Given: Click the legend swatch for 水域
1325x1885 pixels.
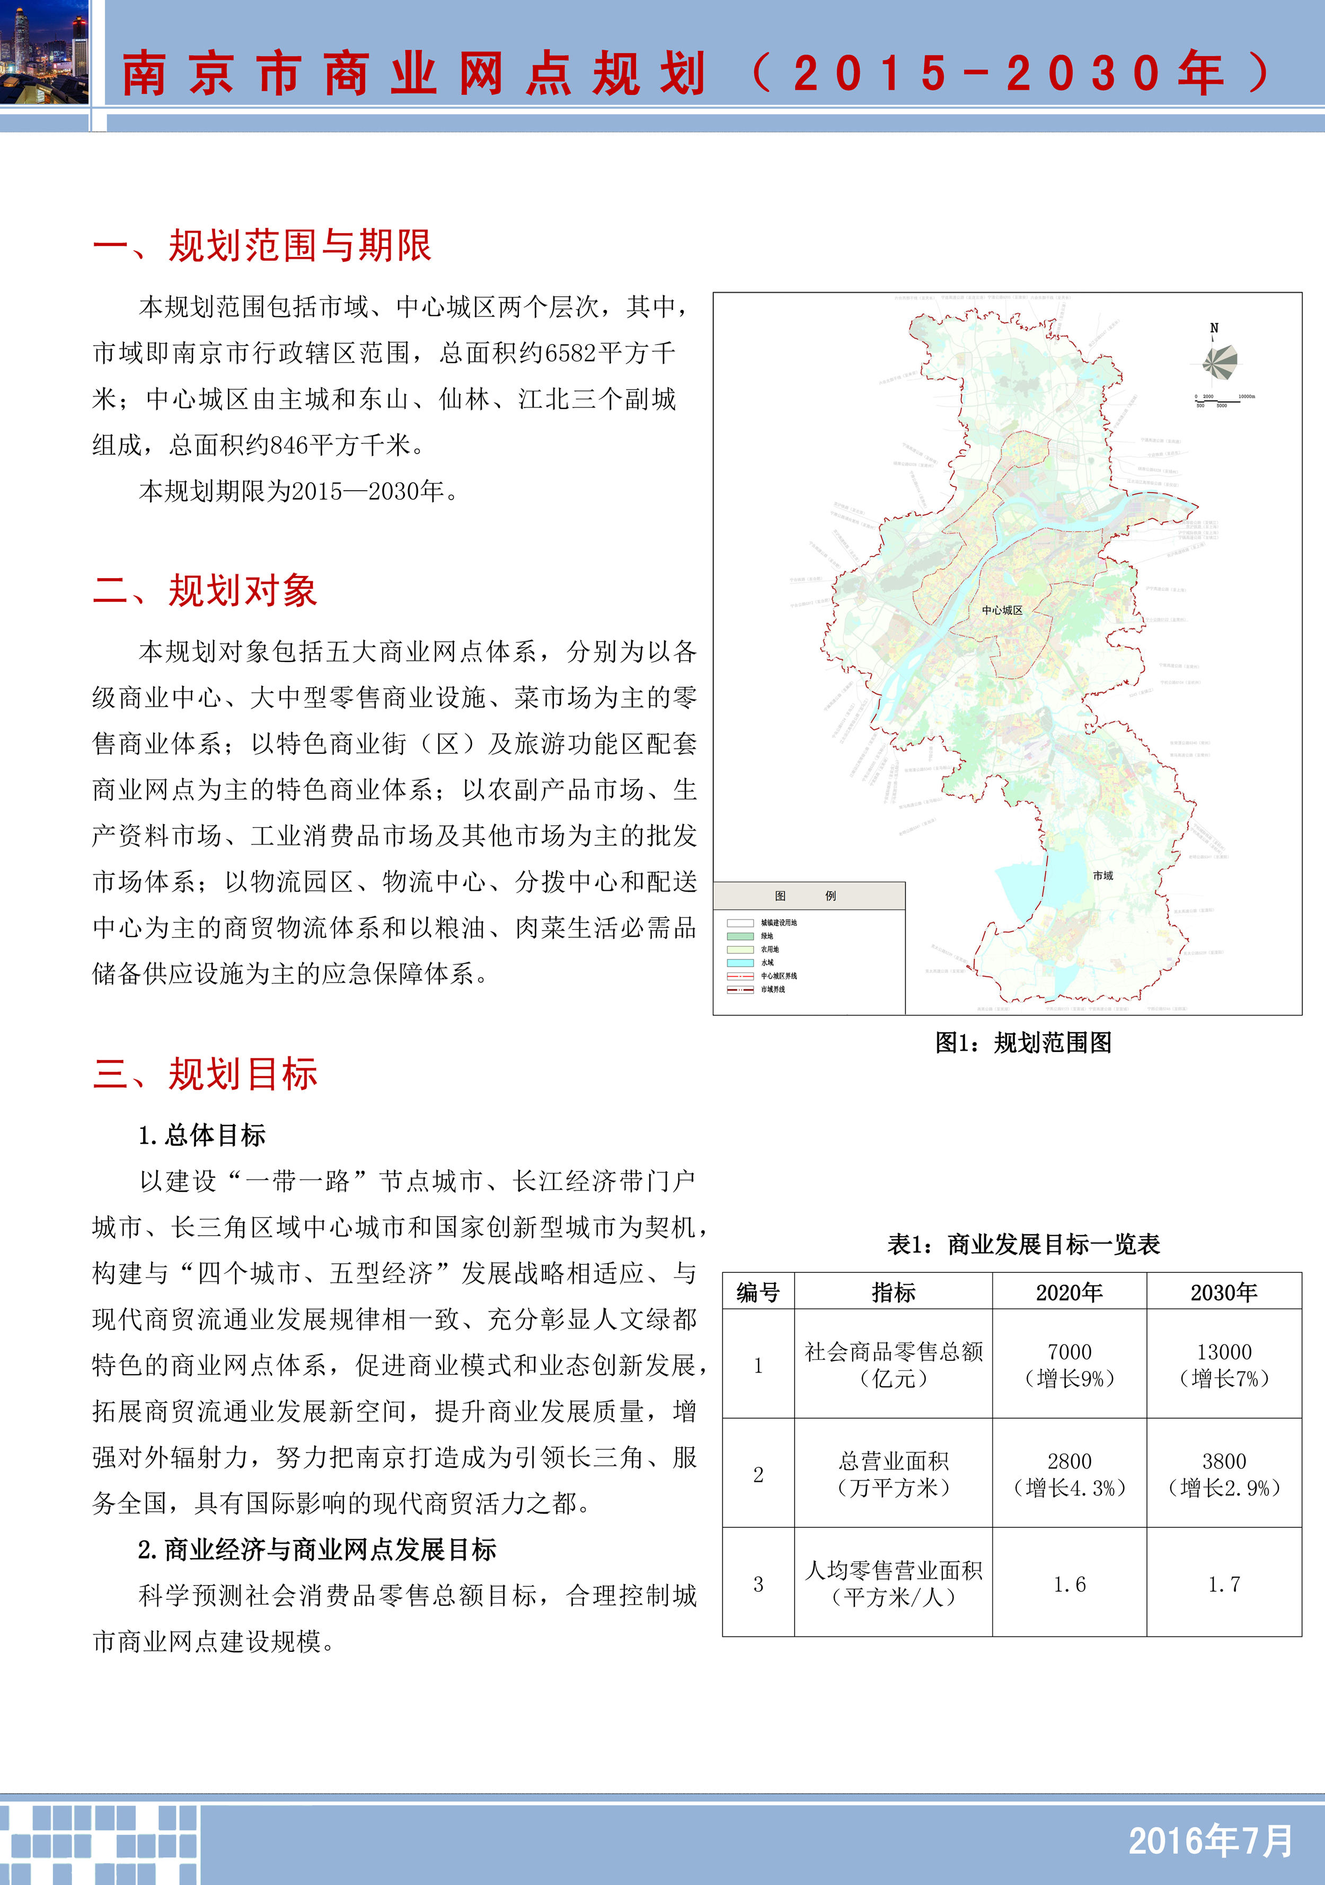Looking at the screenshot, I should point(740,962).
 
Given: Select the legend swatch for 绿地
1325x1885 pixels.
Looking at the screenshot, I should point(740,936).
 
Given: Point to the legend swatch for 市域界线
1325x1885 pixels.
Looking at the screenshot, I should point(740,989).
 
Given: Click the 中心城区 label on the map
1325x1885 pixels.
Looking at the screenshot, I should point(1002,610).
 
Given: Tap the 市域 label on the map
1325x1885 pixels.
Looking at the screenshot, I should point(1102,876).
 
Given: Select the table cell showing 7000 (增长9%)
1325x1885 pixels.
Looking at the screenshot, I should point(1069,1365).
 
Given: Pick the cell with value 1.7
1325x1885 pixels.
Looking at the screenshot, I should point(1223,1583).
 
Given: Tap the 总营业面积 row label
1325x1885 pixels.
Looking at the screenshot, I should point(893,1474).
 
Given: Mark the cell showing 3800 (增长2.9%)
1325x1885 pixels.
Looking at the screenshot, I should point(1223,1474).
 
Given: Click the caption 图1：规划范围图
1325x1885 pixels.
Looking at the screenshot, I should point(1023,1043).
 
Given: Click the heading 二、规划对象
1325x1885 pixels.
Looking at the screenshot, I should point(205,591).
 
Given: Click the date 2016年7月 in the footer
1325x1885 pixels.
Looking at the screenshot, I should point(1210,1840).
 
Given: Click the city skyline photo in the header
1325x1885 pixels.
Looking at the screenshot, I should point(45,52).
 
